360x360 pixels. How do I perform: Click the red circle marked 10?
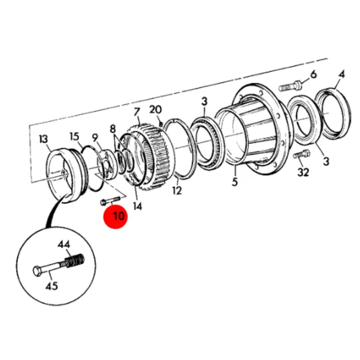[116, 217]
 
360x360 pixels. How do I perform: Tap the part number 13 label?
[43, 139]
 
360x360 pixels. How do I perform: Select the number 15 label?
[74, 136]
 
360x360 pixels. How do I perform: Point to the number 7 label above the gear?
[136, 112]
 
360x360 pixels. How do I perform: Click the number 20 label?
[155, 110]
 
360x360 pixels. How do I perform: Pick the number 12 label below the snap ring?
[177, 191]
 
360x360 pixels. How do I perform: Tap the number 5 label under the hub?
[234, 182]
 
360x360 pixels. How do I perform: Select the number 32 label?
[303, 172]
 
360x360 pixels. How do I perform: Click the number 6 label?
[313, 74]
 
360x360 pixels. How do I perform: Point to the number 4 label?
[342, 74]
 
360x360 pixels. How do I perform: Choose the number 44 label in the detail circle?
[64, 244]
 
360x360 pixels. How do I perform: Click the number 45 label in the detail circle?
[52, 286]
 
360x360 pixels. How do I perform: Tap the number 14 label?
[138, 207]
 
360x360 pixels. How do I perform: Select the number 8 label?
[113, 129]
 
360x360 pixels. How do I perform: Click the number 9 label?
[95, 138]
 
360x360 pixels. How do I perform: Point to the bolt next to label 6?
[290, 86]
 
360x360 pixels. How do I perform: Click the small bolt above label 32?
[302, 153]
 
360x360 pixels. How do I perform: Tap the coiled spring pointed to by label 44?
[74, 261]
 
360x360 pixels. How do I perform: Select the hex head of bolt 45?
[38, 271]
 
